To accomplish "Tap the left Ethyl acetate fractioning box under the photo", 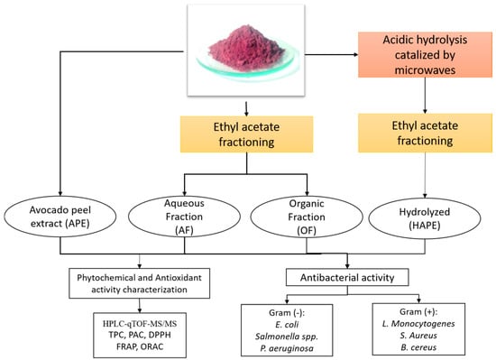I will click(246, 134).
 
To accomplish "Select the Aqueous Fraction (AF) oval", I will click(184, 217).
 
